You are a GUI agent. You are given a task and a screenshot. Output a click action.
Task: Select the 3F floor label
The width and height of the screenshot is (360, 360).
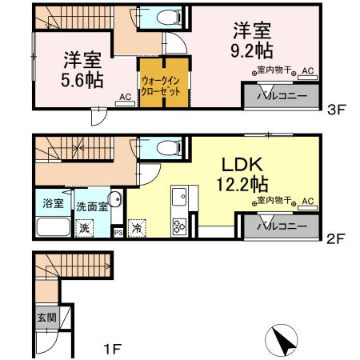coord(336,112)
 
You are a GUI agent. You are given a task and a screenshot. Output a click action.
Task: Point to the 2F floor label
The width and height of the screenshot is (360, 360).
coord(336,238)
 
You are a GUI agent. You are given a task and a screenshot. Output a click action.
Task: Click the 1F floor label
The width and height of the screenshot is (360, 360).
coord(112,349)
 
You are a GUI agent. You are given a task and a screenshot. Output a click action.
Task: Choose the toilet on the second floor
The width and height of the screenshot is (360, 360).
coord(168,148)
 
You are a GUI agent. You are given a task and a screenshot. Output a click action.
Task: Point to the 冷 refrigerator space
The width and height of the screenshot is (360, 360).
coord(138,227)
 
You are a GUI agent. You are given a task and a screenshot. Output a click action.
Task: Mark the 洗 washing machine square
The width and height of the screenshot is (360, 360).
coord(85,227)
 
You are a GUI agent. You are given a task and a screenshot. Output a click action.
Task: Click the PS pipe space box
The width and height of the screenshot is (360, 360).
coord(118,233)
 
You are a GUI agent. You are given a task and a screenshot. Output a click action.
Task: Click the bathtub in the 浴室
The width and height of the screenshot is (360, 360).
coord(53,225)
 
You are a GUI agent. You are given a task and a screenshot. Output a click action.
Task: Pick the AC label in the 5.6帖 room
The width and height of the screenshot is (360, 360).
coord(125,97)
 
